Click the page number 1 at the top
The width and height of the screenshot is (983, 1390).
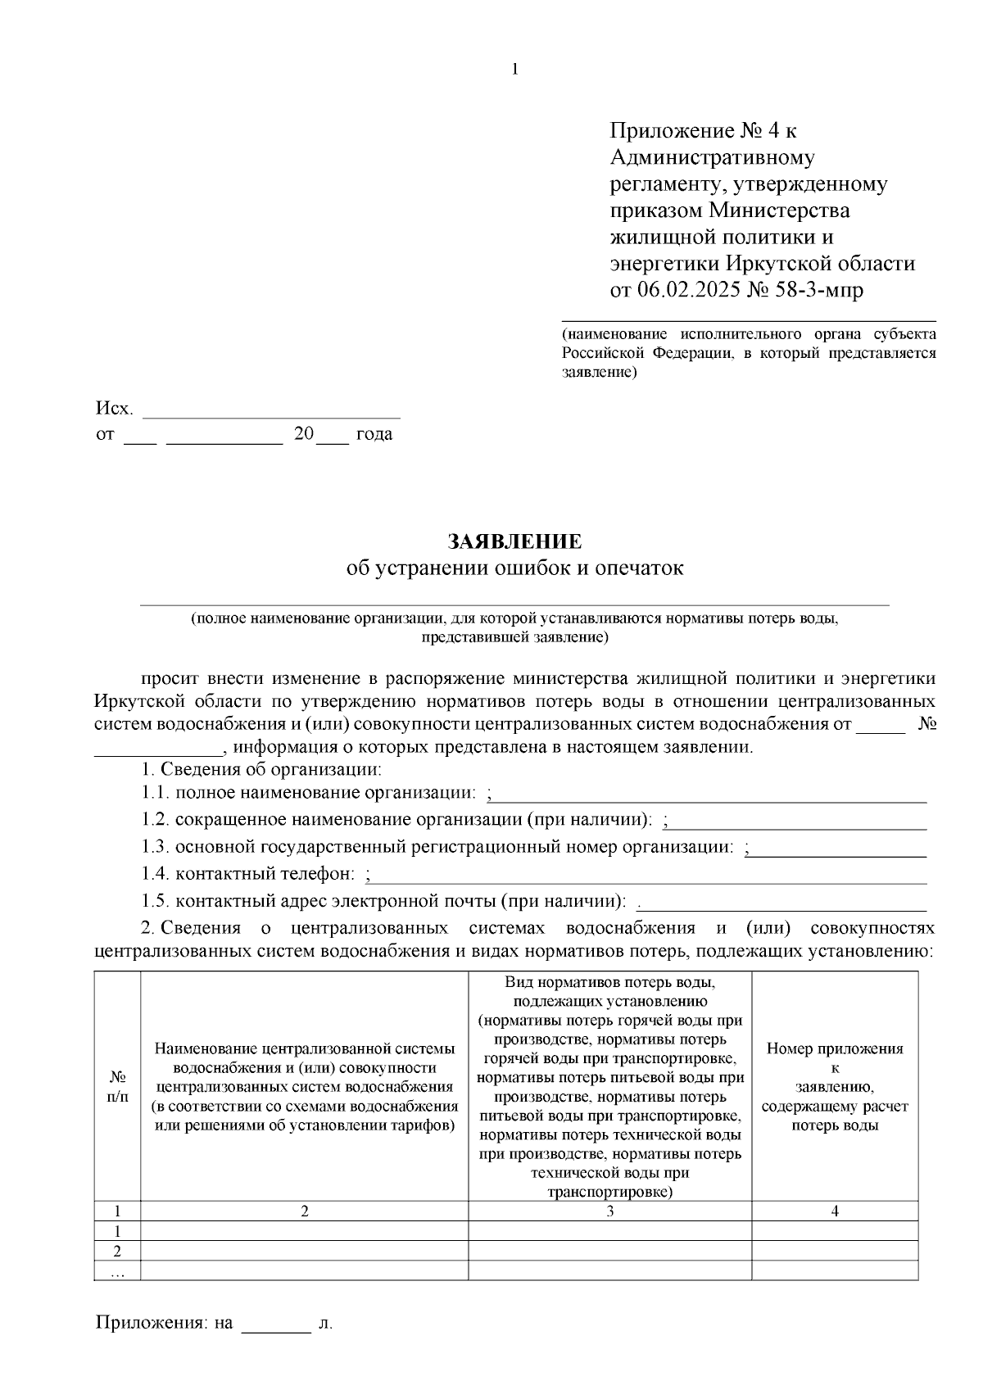pyautogui.click(x=514, y=70)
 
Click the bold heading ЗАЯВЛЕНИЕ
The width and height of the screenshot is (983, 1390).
pyautogui.click(x=514, y=541)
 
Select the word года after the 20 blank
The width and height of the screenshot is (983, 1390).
pyautogui.click(x=374, y=434)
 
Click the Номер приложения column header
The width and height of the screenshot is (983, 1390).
pyautogui.click(x=834, y=1086)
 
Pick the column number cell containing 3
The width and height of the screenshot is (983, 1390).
pyautogui.click(x=609, y=1211)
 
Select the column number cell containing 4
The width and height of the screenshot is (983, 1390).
pyautogui.click(x=834, y=1211)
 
